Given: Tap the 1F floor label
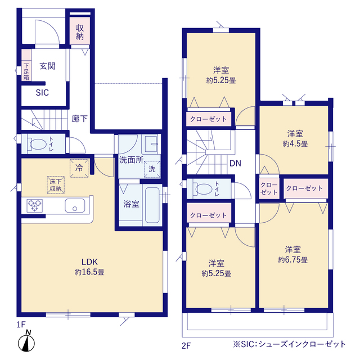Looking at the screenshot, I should point(21,325).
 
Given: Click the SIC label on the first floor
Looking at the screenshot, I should point(43,93).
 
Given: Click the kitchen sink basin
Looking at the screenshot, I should point(74,205).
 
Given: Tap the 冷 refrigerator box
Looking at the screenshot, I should point(78,167).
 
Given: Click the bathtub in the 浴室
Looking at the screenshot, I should point(152,205).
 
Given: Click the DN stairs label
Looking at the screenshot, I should point(235,164).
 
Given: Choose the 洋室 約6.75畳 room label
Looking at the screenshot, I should point(292,255).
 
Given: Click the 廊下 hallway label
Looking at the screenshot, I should point(79,119).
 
